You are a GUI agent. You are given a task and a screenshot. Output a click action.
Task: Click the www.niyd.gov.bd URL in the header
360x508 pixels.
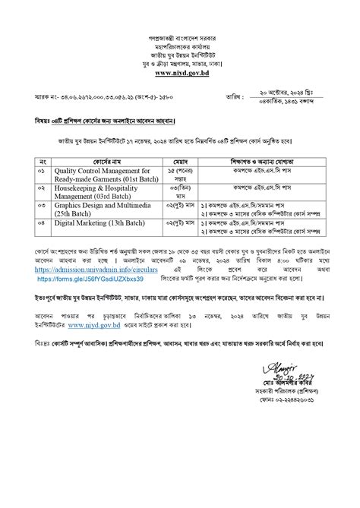(180, 74)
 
